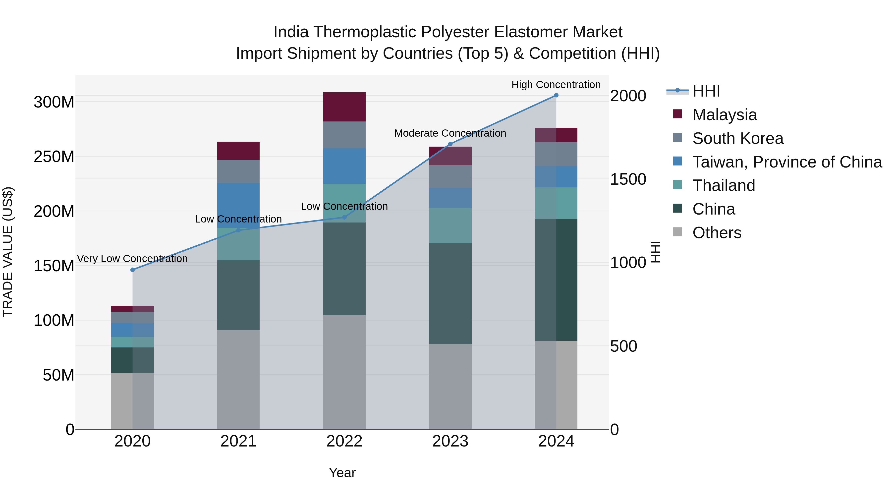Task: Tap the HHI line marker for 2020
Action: coord(132,270)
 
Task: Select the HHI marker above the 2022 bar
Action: coord(344,217)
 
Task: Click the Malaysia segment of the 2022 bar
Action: coord(344,107)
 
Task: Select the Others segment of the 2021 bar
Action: coord(238,380)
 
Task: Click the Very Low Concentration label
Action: coord(132,259)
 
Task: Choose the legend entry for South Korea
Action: coord(737,138)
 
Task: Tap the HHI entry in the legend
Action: coord(706,91)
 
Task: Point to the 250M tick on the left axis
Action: coord(54,157)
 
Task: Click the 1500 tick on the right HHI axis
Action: coord(628,179)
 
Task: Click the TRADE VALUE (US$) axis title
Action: coord(8,252)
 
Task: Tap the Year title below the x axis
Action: coord(342,473)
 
